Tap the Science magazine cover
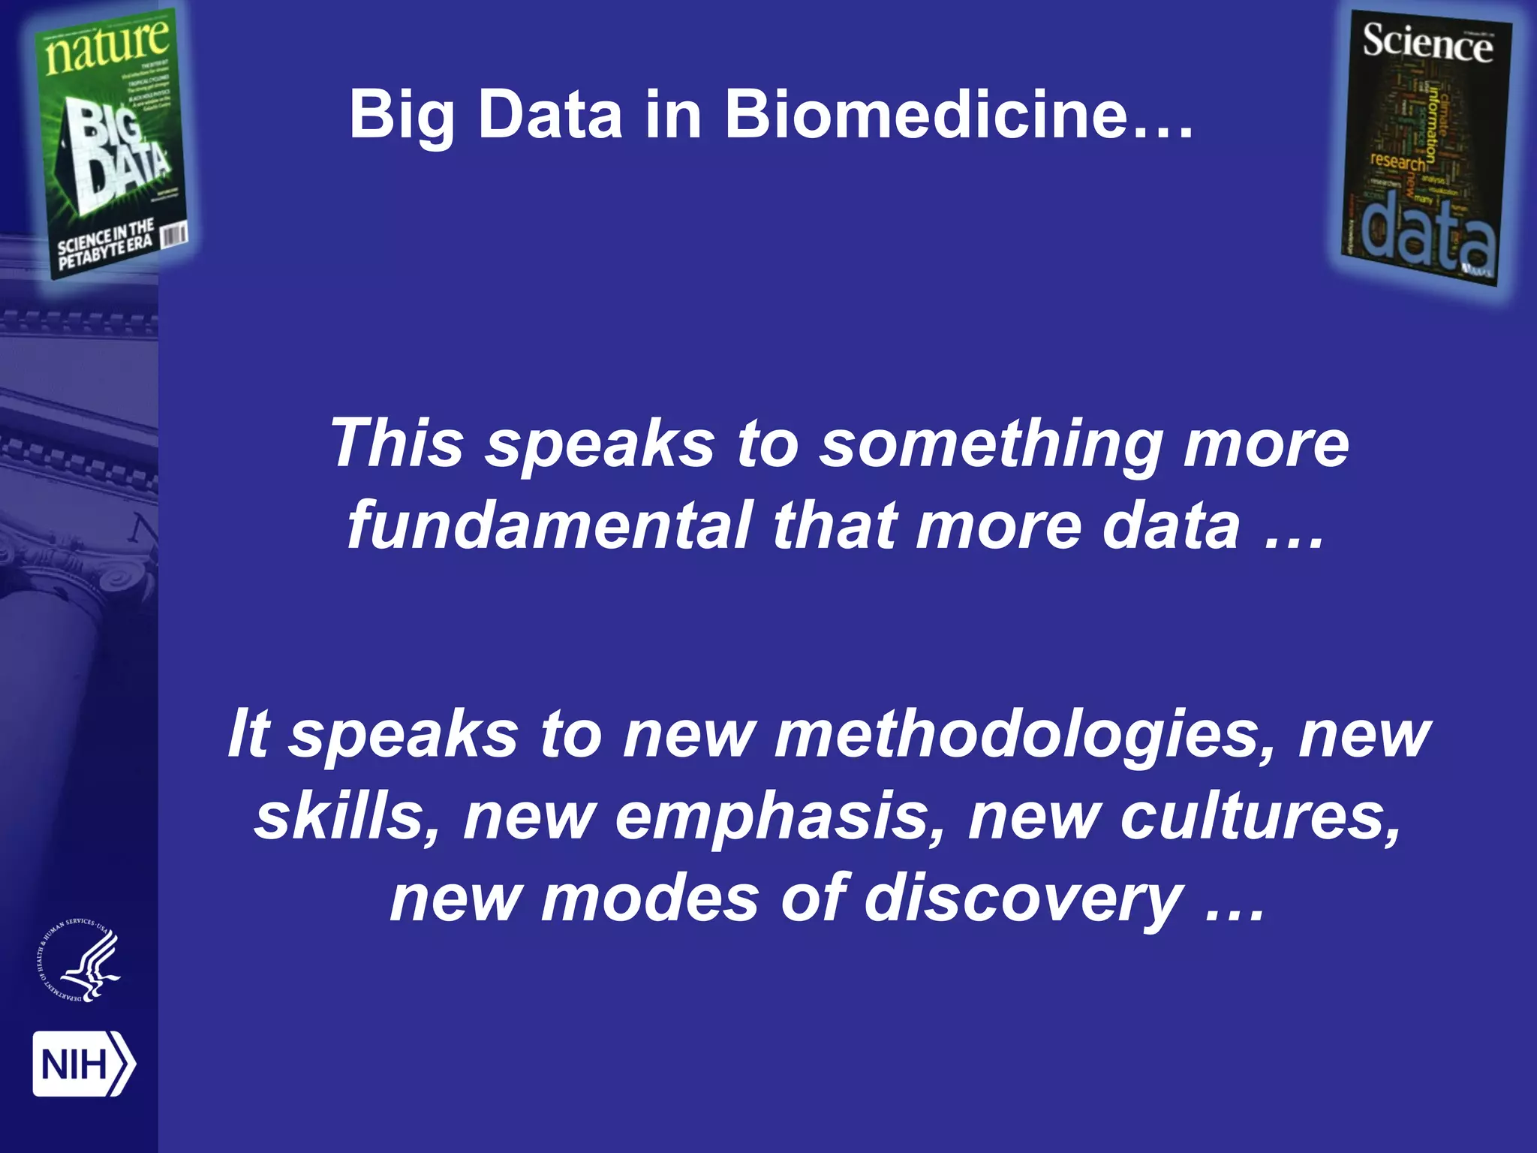[x=1426, y=150]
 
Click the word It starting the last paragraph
[x=248, y=733]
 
